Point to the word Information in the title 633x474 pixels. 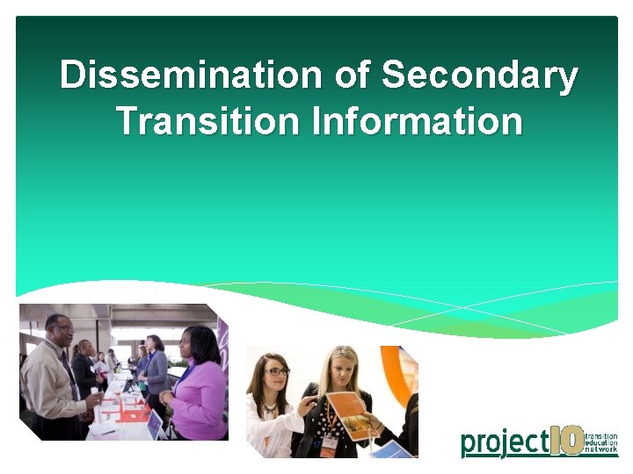tap(417, 121)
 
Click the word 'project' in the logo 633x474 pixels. tap(504, 442)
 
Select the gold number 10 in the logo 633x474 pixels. tap(566, 440)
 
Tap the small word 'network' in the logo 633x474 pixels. tap(601, 451)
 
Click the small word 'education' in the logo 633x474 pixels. tap(601, 442)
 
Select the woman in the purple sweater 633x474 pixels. tap(199, 386)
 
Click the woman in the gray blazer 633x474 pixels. tap(156, 364)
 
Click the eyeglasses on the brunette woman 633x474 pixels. tap(275, 372)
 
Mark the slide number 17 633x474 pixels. tap(317, 446)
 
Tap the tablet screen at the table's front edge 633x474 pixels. tap(155, 425)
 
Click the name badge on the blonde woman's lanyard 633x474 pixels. tap(328, 443)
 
